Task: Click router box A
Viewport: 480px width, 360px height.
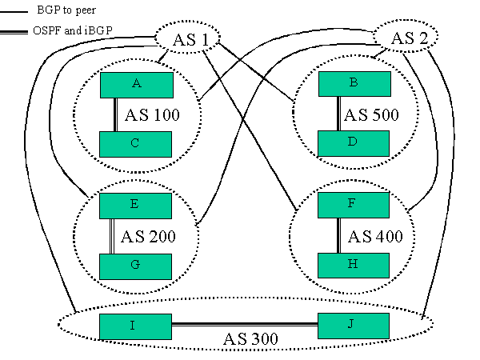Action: (x=136, y=84)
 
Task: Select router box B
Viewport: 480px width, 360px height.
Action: (x=354, y=83)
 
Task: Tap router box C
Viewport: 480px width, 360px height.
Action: (x=136, y=143)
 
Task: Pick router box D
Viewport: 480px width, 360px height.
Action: (x=354, y=143)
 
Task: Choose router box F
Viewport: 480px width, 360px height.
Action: (x=354, y=205)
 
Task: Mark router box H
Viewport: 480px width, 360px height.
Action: (x=354, y=265)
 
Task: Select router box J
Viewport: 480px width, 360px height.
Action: (x=354, y=326)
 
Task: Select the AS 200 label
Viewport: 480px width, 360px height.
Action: (x=148, y=237)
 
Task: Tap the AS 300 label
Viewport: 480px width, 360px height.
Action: (x=250, y=339)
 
